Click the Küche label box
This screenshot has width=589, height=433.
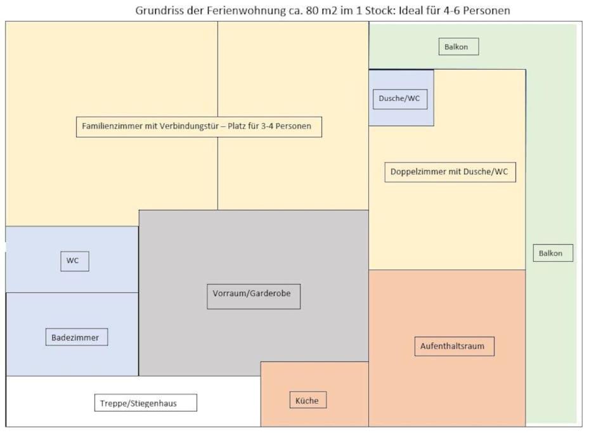tap(307, 400)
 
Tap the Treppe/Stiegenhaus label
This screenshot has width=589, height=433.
tap(145, 403)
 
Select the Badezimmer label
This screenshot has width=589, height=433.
tap(77, 337)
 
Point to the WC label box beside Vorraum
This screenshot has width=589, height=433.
tap(75, 261)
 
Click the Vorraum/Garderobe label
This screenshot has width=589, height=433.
tap(254, 297)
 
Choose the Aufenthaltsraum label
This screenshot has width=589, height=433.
tap(454, 346)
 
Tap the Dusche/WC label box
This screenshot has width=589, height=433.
tap(400, 99)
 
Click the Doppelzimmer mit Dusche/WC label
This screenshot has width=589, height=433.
tap(450, 172)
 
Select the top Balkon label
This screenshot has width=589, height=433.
tap(458, 46)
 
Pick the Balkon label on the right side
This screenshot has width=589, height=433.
tap(553, 253)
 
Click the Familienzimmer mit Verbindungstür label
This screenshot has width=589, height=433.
tap(198, 127)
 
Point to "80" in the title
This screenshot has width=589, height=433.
tap(312, 11)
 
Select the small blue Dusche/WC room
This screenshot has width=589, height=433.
tap(401, 98)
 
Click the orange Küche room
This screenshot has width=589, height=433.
tap(314, 394)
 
